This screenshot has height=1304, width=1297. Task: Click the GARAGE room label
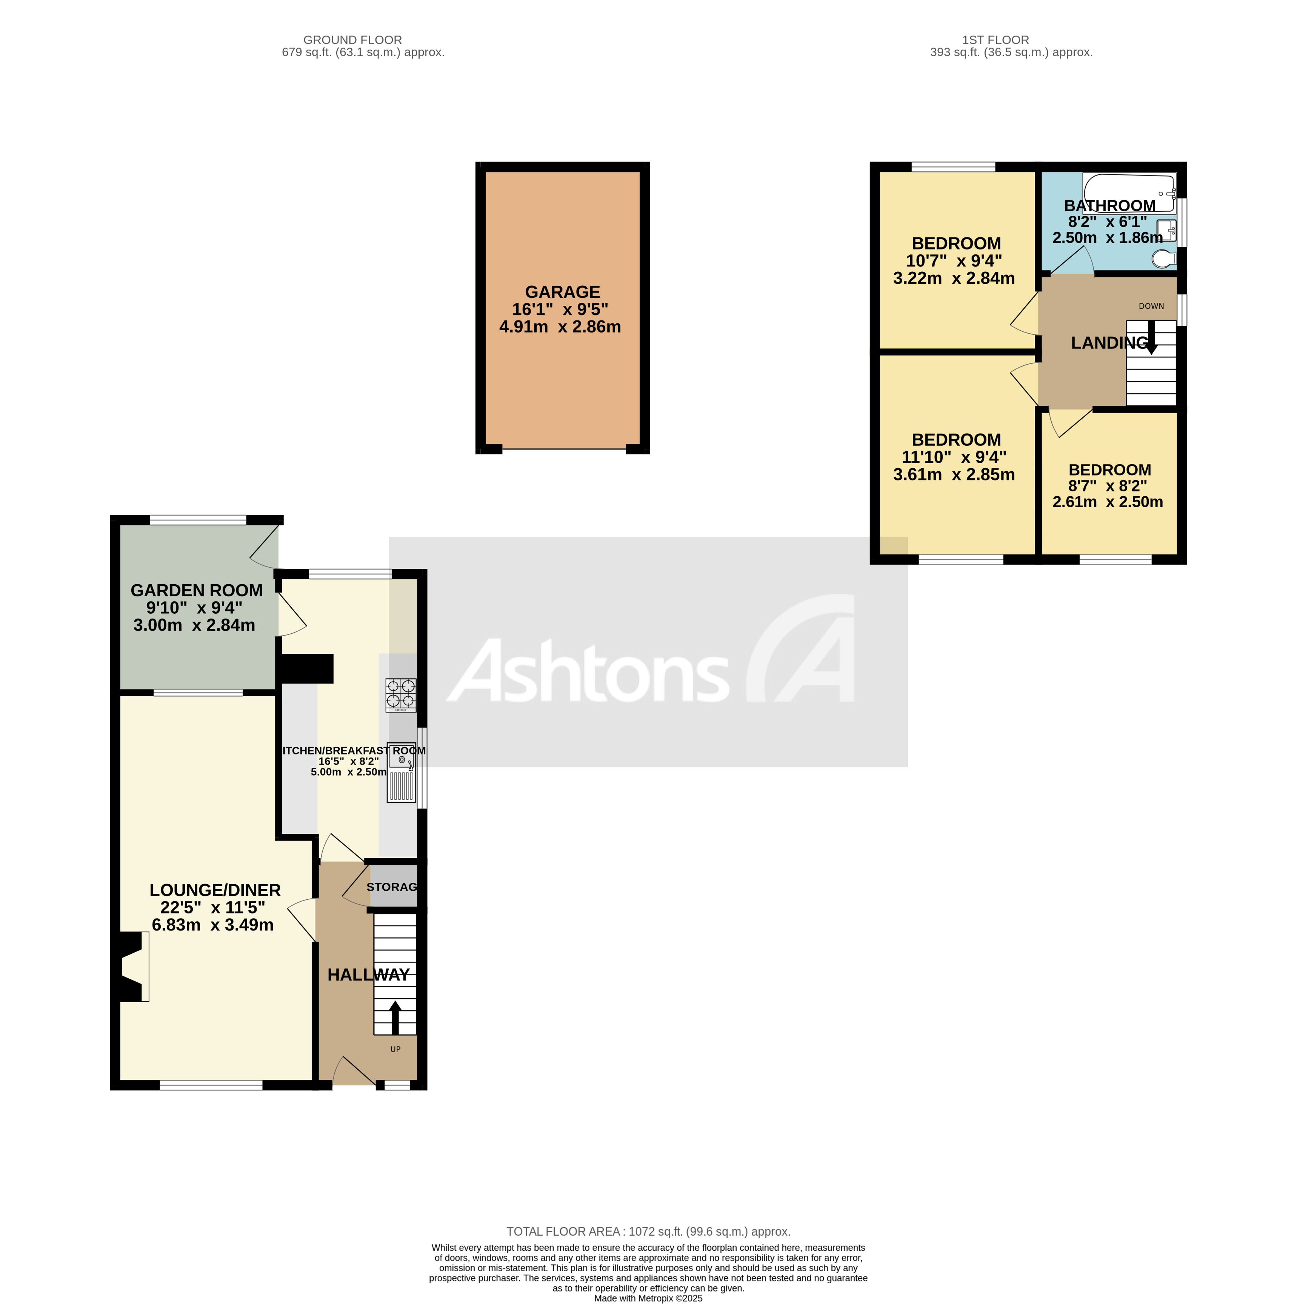click(562, 292)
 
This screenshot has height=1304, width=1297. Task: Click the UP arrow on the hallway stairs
click(395, 1018)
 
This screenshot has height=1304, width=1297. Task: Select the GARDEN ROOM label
click(196, 591)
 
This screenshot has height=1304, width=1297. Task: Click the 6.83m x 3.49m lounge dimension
click(212, 925)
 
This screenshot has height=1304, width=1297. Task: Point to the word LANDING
click(1109, 343)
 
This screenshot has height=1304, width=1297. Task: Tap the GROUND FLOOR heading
click(352, 40)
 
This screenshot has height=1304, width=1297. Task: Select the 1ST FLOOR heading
click(995, 40)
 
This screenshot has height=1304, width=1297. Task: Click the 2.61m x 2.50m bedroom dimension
click(1108, 502)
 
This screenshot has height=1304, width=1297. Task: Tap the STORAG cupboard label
click(391, 887)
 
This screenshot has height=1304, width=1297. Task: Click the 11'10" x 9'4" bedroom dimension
click(954, 457)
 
